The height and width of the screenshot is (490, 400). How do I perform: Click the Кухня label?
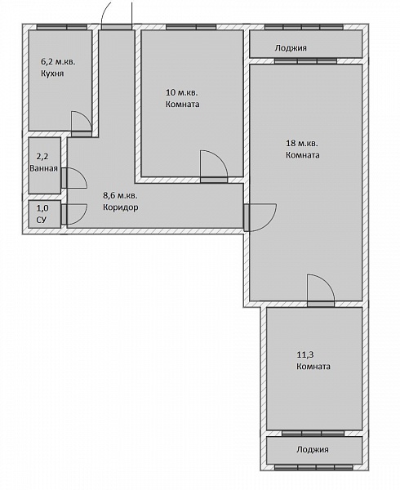point(52,73)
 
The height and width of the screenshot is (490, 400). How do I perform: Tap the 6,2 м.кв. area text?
point(58,62)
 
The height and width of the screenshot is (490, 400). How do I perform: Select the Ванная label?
point(44,168)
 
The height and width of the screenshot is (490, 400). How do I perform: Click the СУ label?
point(42,220)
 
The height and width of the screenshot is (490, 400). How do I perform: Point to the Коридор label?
point(121,207)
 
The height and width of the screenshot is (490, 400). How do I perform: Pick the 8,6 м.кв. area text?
point(120,196)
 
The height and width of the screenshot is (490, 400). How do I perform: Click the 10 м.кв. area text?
point(181,93)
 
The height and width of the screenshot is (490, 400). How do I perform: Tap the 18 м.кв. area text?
point(302,144)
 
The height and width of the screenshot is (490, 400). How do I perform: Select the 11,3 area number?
point(305,354)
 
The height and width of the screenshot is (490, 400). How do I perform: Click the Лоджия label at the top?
point(291,48)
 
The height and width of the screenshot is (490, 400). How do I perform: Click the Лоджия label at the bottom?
point(313,450)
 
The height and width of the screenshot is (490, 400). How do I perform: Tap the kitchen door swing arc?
point(85,116)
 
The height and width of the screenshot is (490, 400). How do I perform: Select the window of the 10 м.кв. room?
point(191,27)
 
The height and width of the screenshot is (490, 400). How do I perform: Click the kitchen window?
point(62,27)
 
